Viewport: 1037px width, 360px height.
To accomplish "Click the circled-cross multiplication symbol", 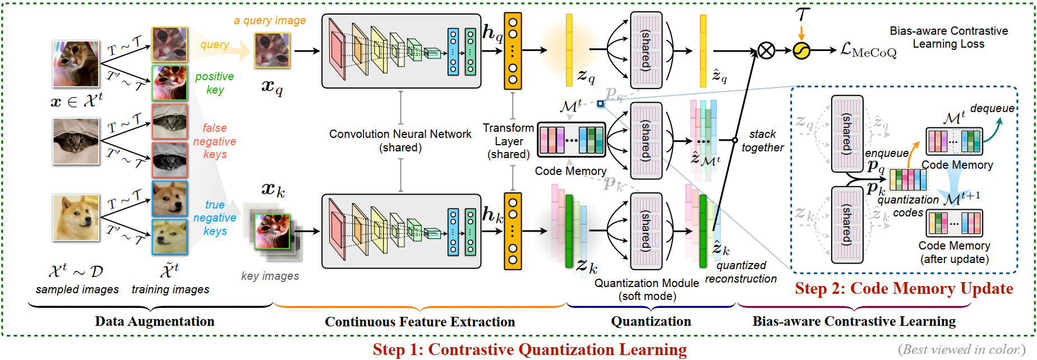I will pyautogui.click(x=766, y=51).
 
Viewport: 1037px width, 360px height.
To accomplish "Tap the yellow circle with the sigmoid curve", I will pyautogui.click(x=801, y=51).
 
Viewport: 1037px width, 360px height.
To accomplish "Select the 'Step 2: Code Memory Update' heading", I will pyautogui.click(x=904, y=288).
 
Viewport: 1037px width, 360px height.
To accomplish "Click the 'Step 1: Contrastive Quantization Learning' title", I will pyautogui.click(x=529, y=349).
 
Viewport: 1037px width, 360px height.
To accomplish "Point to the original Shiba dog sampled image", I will pyautogui.click(x=76, y=218).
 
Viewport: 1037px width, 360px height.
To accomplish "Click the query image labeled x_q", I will pyautogui.click(x=273, y=50).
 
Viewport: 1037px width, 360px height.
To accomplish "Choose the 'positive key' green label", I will pyautogui.click(x=214, y=83).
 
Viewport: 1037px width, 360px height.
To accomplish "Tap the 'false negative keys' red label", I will pyautogui.click(x=214, y=141).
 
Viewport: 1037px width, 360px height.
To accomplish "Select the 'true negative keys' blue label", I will pyautogui.click(x=214, y=218).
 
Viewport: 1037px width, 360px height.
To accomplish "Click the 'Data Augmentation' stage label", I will pyautogui.click(x=154, y=321).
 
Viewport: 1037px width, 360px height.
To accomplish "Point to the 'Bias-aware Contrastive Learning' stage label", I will pyautogui.click(x=854, y=321).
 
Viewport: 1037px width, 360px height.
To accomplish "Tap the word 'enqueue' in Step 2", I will pyautogui.click(x=886, y=153).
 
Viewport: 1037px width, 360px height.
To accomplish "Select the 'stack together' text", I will pyautogui.click(x=762, y=141).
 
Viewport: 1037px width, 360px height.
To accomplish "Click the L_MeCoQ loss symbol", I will pyautogui.click(x=868, y=51).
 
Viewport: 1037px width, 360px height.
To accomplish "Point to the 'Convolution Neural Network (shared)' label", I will pyautogui.click(x=400, y=141).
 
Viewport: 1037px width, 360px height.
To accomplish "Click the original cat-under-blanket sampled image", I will pyautogui.click(x=76, y=141).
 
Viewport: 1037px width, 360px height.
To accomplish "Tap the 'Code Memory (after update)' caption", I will pyautogui.click(x=954, y=252).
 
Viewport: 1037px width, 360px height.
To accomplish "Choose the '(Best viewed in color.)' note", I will pyautogui.click(x=961, y=349).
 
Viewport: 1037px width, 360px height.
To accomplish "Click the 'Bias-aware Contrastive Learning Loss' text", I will pyautogui.click(x=948, y=37).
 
